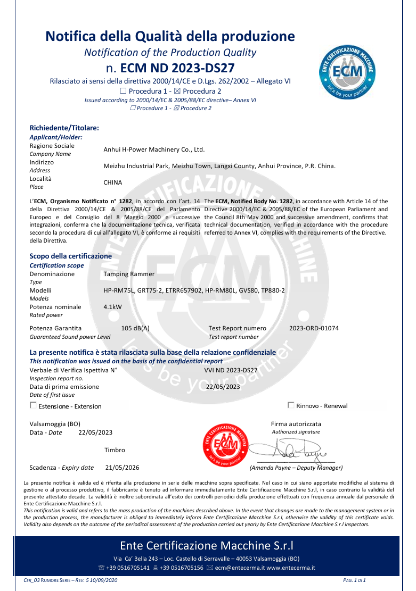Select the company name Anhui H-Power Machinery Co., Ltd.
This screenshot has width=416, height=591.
tap(154, 149)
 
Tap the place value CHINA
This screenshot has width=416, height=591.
tap(112, 182)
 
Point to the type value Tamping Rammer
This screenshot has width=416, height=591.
tap(129, 274)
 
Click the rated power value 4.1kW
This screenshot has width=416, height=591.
tap(112, 307)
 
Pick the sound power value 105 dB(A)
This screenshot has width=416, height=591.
tap(135, 328)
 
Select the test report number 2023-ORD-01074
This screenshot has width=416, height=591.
tap(314, 328)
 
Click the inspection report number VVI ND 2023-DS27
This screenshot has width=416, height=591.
tap(231, 370)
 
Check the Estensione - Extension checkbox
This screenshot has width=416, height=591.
tap(33, 405)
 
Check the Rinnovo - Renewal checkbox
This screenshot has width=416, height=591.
tap(291, 405)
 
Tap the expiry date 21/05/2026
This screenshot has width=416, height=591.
tap(123, 468)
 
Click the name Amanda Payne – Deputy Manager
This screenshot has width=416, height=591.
tap(296, 468)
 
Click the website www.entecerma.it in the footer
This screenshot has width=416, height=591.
tap(290, 568)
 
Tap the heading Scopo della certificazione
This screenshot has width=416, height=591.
tap(71, 256)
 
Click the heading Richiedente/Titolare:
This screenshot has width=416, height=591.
tap(64, 128)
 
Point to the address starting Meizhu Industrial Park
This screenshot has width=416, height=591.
tap(219, 166)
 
